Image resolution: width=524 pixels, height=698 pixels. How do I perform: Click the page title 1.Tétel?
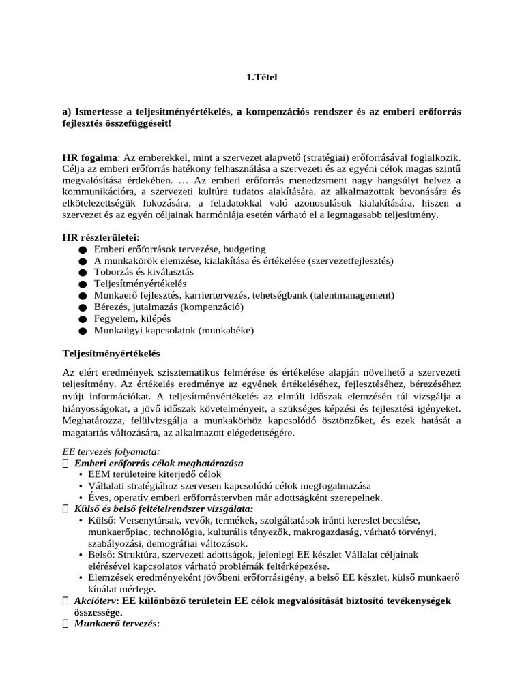[x=262, y=78]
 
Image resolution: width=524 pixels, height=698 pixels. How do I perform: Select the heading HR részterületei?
[x=100, y=237]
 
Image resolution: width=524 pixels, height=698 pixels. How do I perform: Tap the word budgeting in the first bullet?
[x=245, y=249]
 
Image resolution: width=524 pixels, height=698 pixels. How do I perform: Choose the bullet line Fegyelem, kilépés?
[x=132, y=318]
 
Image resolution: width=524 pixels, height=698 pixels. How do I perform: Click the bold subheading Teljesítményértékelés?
[x=111, y=354]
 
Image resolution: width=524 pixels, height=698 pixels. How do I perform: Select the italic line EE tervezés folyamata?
[x=111, y=451]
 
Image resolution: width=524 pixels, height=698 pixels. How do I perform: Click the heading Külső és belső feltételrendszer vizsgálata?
[x=164, y=509]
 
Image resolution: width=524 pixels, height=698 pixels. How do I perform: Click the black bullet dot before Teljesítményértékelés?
[x=83, y=284]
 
